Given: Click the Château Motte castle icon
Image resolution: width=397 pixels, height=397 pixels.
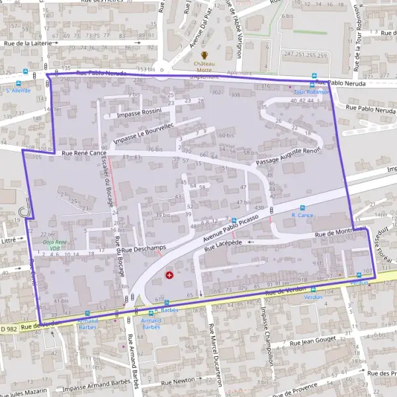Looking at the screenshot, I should click(x=204, y=55).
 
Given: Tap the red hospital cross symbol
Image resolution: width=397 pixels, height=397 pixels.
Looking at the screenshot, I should click(x=170, y=274).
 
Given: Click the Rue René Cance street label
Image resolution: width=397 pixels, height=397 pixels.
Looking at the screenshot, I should click(x=84, y=154).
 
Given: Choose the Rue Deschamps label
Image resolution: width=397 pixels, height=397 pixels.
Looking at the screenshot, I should click(x=144, y=248).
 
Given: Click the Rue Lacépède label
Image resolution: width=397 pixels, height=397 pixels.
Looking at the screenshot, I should click(x=224, y=245).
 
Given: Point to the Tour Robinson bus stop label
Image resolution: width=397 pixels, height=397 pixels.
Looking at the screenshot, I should click(x=312, y=92).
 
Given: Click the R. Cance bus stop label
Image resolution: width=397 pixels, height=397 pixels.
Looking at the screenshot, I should click(x=302, y=215).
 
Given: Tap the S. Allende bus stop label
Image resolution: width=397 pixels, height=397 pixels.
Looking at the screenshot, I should click(x=18, y=90).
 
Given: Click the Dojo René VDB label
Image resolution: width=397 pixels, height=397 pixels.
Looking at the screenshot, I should click(x=55, y=245).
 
